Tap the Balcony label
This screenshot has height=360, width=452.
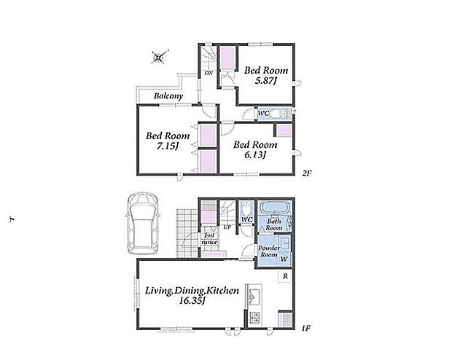point(168,96)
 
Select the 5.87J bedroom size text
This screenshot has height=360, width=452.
point(265,81)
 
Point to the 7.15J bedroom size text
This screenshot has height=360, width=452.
point(168,146)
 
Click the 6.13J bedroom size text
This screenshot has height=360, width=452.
point(255,155)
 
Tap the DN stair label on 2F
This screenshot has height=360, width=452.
point(209,73)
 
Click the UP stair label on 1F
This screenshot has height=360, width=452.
point(227,227)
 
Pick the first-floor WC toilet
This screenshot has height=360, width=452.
point(246,208)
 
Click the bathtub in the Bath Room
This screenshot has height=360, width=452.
point(274,208)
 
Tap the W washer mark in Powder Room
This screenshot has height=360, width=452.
point(284,259)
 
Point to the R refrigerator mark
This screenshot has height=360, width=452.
point(285,276)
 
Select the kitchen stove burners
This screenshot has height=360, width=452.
point(254,318)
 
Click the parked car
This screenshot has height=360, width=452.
point(143,224)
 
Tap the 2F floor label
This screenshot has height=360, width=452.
point(307,173)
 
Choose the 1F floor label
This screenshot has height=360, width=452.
point(306,328)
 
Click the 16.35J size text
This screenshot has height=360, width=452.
point(192,301)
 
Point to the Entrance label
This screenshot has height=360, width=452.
point(209,239)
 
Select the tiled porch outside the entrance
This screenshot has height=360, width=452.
point(187,233)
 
